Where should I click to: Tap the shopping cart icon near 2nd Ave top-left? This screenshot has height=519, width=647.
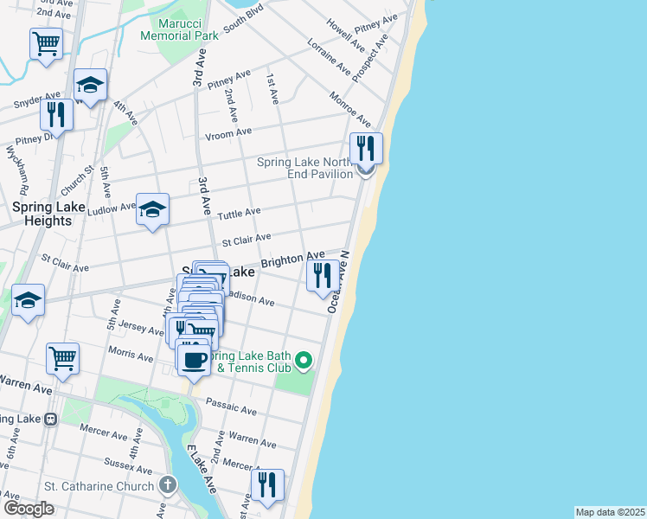point(47,42)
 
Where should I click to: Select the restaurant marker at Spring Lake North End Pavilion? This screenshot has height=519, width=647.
point(366,148)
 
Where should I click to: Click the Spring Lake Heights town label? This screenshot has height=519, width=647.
point(42,214)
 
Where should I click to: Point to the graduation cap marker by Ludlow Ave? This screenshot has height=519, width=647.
point(152,209)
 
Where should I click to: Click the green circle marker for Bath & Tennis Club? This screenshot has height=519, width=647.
point(303,358)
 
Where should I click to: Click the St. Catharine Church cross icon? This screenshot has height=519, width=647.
point(167,485)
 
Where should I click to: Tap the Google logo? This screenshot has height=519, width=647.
point(28,509)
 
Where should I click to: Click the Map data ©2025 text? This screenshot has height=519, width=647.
point(610,512)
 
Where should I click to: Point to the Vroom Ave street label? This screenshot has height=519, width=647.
point(228,132)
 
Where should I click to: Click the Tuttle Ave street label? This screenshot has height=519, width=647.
point(240,212)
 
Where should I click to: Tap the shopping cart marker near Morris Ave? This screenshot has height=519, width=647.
point(63,357)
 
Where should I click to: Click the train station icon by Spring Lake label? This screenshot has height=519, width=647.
point(50,419)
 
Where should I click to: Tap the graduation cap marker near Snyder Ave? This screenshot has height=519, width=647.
point(90,85)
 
